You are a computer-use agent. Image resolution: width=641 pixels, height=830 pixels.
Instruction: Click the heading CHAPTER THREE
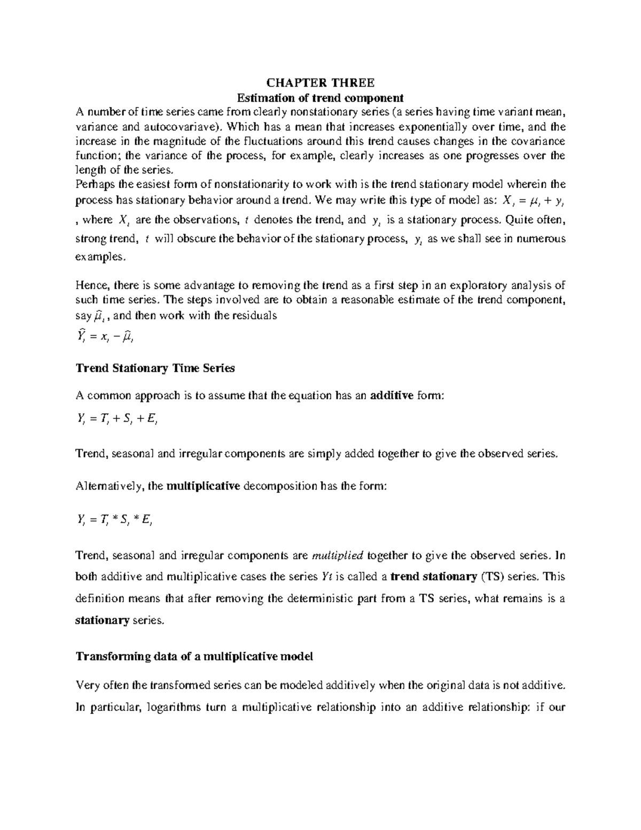click(320, 83)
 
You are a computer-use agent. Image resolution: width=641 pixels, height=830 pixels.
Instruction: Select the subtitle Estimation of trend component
click(320, 98)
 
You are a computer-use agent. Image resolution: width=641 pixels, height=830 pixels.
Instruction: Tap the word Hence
click(91, 285)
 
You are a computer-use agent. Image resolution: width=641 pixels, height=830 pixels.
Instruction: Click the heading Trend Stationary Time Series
click(155, 368)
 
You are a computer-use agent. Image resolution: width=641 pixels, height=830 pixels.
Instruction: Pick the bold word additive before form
click(392, 395)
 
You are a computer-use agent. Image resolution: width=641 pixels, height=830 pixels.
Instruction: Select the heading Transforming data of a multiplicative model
click(194, 657)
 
